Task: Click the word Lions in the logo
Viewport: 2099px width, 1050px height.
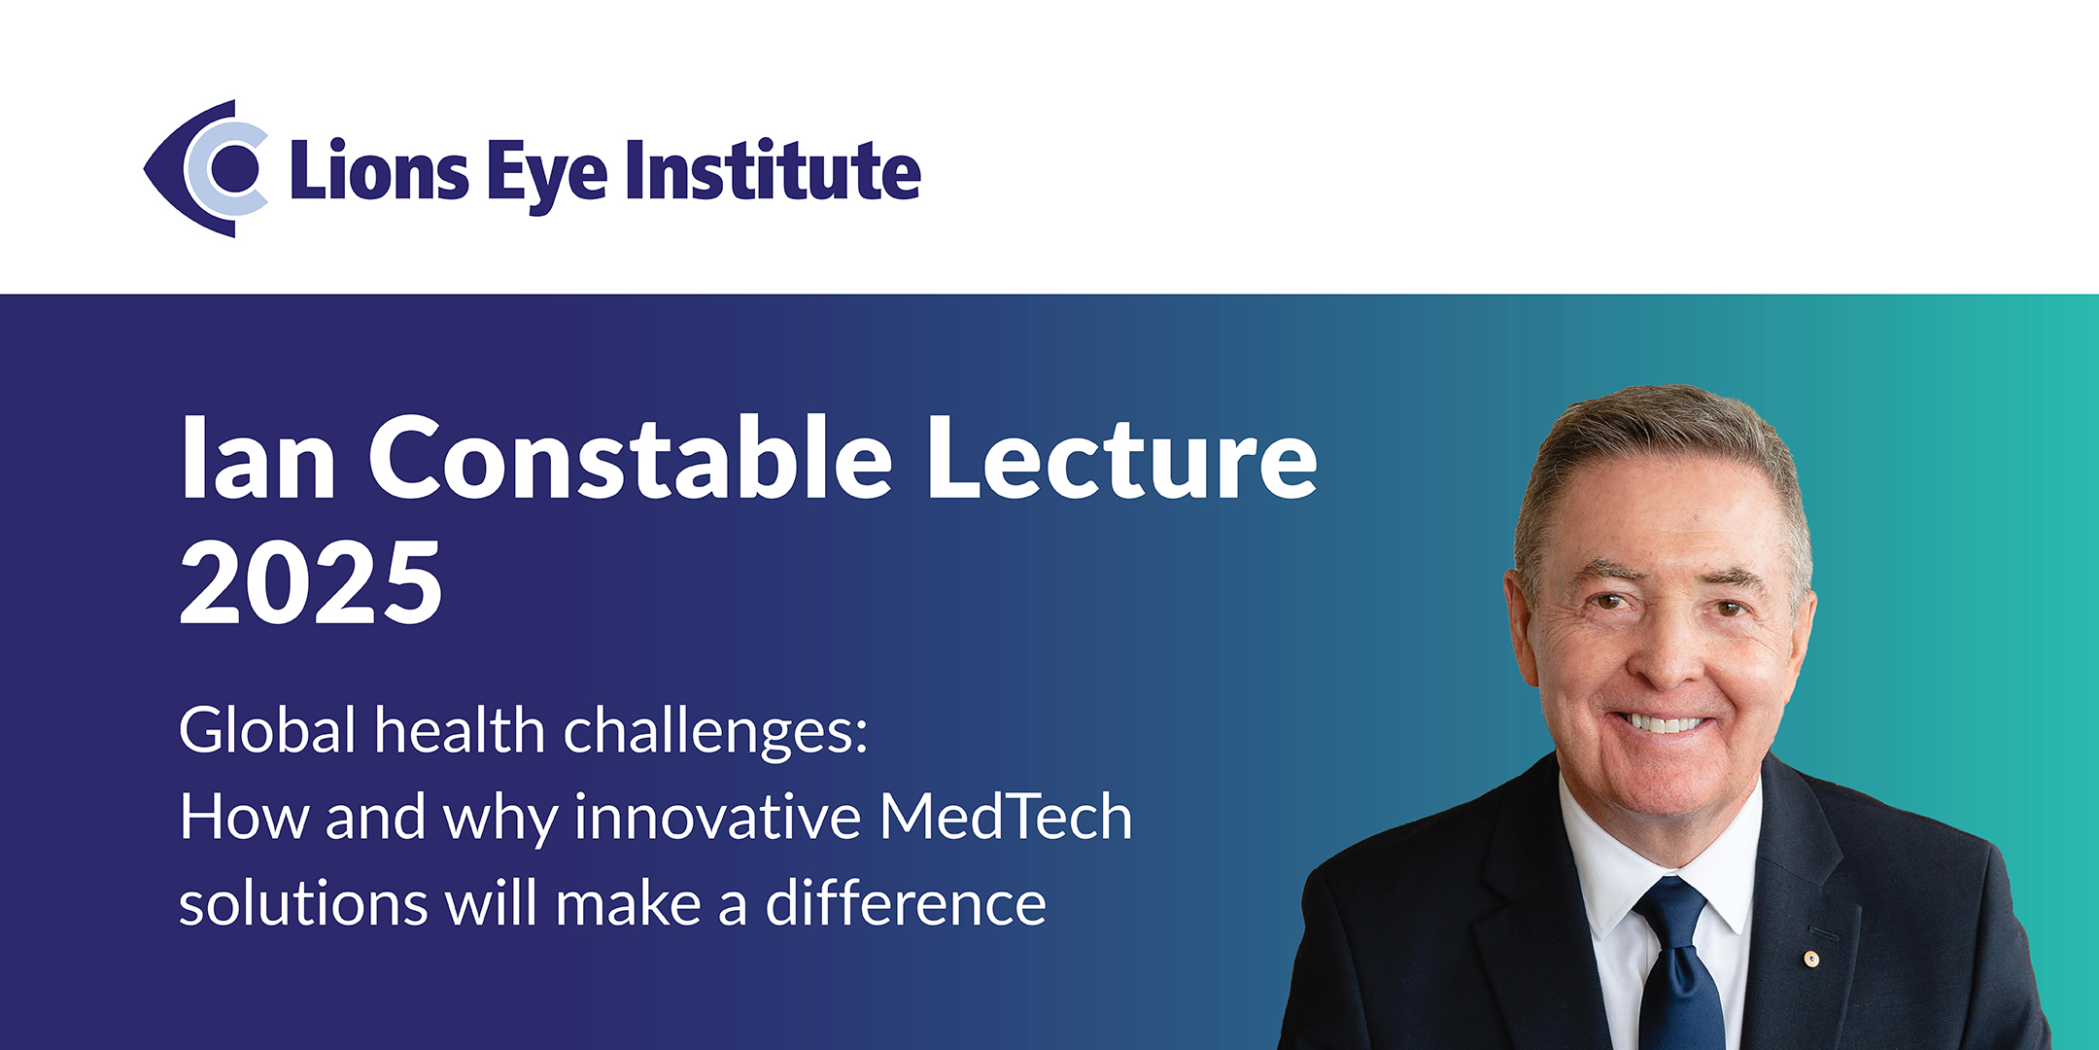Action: [380, 171]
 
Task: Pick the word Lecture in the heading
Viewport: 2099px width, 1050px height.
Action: [1122, 457]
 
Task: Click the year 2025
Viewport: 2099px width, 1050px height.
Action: [311, 583]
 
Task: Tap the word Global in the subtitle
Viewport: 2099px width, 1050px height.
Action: [267, 730]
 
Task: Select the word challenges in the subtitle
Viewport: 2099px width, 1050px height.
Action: [715, 732]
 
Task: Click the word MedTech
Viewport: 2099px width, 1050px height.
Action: [1006, 817]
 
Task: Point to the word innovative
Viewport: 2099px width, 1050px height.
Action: [717, 817]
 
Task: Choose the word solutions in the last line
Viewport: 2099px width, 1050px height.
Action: [303, 904]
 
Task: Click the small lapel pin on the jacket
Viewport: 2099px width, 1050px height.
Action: [1811, 960]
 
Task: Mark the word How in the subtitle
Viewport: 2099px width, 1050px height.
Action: [244, 817]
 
